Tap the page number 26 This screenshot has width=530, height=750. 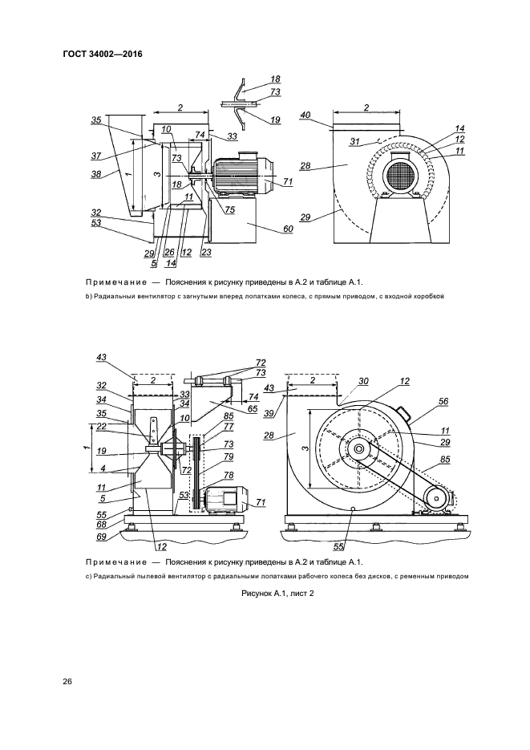(68, 681)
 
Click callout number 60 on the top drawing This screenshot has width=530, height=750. (287, 229)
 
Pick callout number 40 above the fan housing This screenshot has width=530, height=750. (305, 115)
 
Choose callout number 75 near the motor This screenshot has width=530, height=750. (229, 210)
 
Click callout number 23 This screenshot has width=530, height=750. (205, 253)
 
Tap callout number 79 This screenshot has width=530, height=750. (228, 456)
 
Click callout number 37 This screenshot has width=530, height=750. (95, 156)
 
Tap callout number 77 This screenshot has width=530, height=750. (229, 428)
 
